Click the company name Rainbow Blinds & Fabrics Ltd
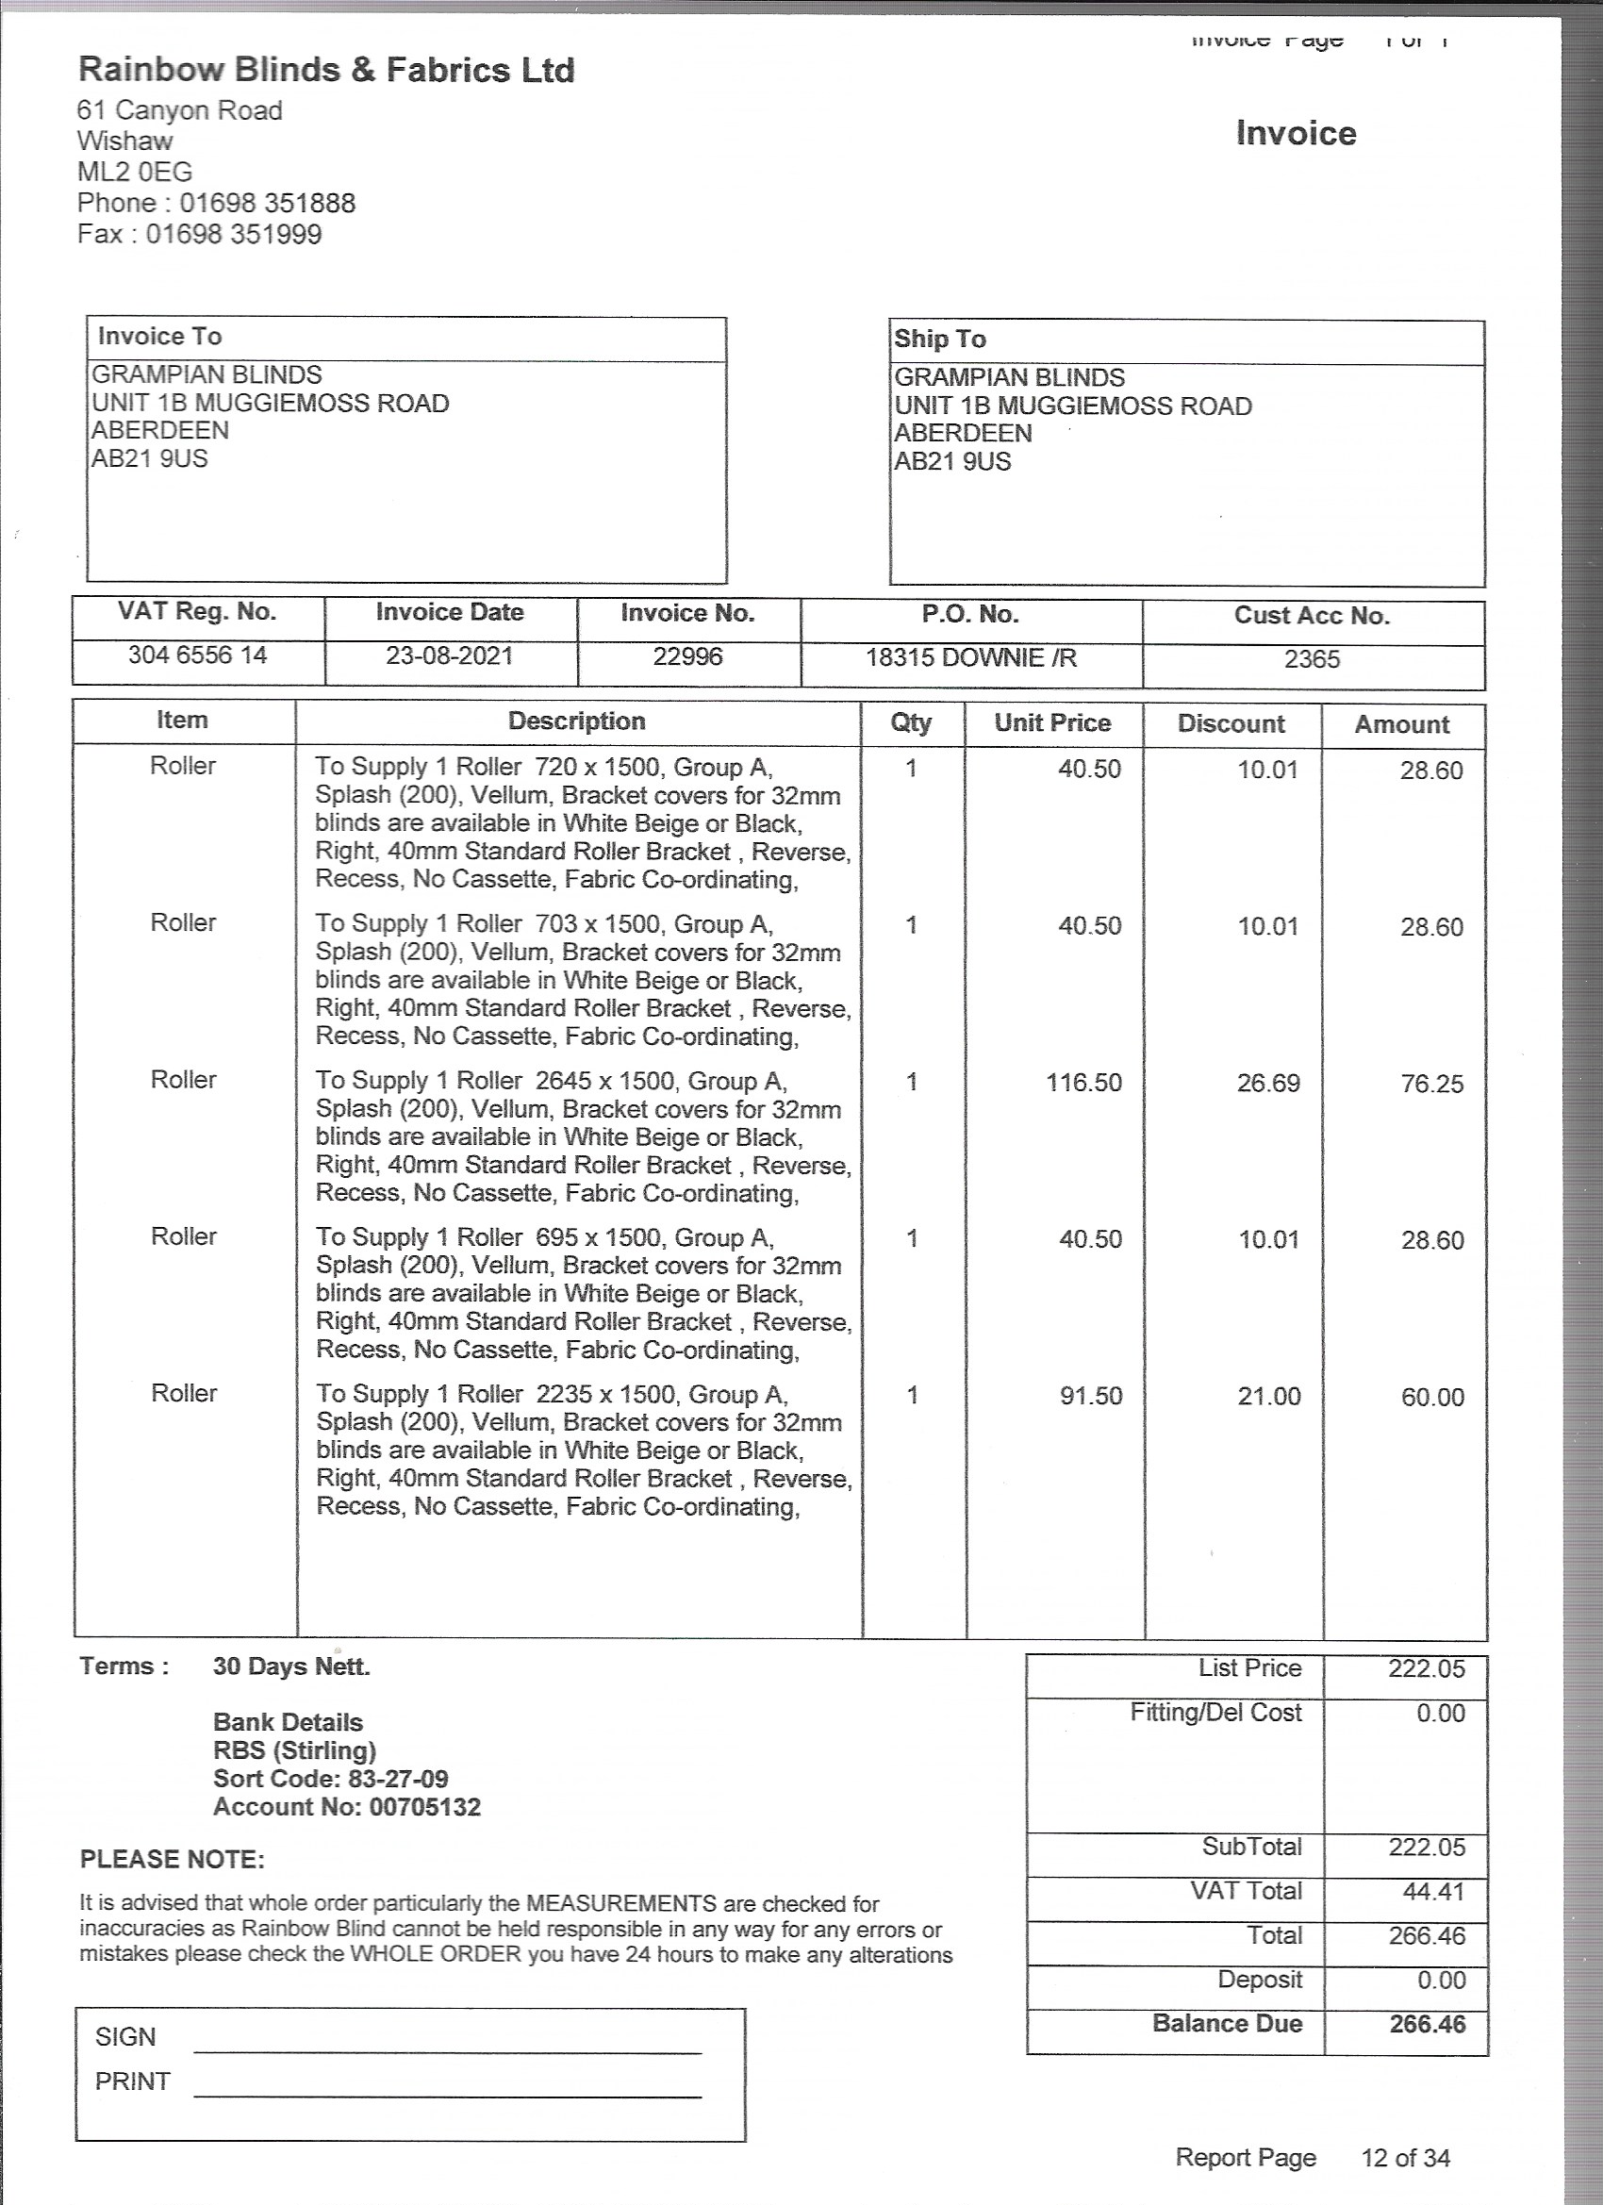325,70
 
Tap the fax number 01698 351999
233,234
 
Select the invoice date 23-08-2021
449,656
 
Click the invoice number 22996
687,657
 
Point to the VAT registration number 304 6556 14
197,655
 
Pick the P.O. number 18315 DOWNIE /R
971,658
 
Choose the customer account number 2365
1312,660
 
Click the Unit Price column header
1051,723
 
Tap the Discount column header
1231,724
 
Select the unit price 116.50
1082,1083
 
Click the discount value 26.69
1267,1084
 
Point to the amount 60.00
1432,1398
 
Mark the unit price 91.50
1091,1397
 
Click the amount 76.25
1432,1085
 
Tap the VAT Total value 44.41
1426,1892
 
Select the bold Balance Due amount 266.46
1426,2025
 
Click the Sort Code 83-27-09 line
331,1779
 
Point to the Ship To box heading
940,340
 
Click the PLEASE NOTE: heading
172,1860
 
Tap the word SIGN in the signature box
125,2037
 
